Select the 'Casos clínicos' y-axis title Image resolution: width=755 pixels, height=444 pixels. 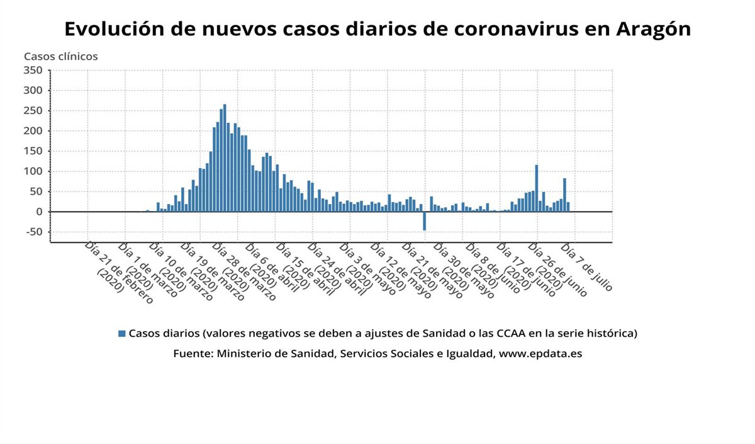(x=61, y=56)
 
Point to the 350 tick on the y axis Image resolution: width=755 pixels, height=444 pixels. (x=33, y=70)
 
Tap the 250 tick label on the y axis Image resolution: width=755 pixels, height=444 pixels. (x=33, y=111)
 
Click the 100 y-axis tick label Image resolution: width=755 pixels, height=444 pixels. (x=33, y=171)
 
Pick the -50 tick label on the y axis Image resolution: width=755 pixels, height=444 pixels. (x=33, y=232)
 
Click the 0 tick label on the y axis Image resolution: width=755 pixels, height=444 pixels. (x=38, y=212)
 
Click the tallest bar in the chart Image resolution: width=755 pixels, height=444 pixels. (x=225, y=157)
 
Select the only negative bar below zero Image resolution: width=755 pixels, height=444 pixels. (x=425, y=221)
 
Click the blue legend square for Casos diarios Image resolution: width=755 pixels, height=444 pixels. (x=122, y=333)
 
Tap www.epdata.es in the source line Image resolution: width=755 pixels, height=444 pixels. (x=540, y=354)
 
